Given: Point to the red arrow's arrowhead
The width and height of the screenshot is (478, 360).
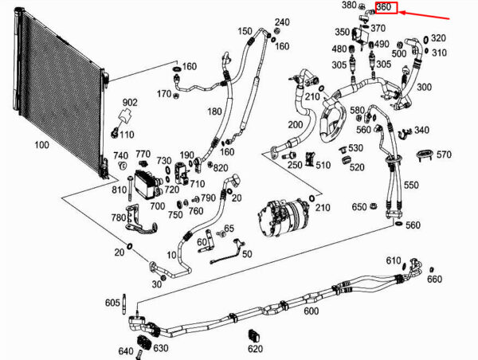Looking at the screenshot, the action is [402, 13].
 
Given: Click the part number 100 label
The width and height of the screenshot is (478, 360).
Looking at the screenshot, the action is [41, 144].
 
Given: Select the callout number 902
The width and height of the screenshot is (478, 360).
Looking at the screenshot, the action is [130, 103].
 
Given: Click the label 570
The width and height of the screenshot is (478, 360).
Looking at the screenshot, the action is [444, 155].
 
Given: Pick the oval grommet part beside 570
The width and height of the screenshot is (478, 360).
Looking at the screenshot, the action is [425, 154].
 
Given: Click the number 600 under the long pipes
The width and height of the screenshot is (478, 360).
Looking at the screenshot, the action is [311, 311].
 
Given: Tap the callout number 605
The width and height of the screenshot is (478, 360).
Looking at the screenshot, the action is [112, 303].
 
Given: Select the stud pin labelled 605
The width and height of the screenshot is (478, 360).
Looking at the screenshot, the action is [124, 304].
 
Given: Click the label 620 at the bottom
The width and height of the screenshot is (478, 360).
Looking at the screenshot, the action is [256, 349].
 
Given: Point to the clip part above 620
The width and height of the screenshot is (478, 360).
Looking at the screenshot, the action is [254, 335].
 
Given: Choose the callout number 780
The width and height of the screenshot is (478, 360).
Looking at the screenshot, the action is [119, 217].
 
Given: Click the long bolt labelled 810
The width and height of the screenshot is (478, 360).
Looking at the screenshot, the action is [130, 189].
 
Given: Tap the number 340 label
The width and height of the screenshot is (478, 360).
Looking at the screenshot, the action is [421, 130].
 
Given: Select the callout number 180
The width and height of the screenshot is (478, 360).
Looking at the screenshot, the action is [214, 112].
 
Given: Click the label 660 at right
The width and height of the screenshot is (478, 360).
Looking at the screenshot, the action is [434, 279].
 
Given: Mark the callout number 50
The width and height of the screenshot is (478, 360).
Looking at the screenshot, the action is [247, 253].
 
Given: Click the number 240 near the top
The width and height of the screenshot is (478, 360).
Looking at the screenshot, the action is [282, 22].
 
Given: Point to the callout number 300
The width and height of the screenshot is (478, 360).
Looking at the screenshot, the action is [424, 87].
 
